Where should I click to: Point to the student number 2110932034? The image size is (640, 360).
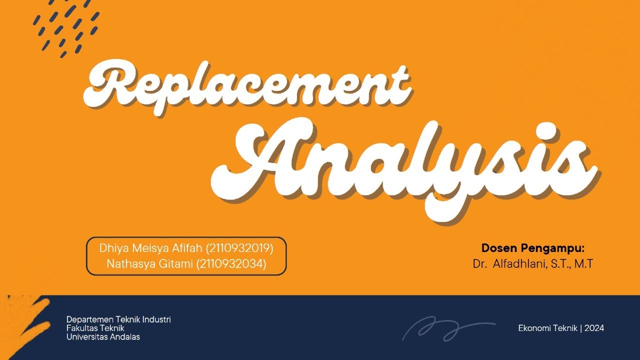(x=235, y=264)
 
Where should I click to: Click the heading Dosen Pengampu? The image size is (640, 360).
(x=532, y=248)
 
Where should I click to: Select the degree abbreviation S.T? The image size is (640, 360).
(x=561, y=264)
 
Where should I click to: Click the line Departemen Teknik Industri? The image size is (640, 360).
(x=118, y=319)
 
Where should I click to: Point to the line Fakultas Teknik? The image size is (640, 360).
(x=95, y=328)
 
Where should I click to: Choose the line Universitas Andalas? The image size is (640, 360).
(x=103, y=336)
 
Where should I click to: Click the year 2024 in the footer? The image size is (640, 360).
(x=594, y=328)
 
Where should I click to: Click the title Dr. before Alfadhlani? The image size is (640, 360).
(x=479, y=264)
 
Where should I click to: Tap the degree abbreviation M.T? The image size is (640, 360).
(x=583, y=264)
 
